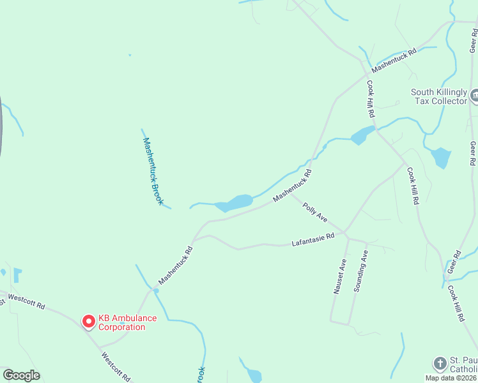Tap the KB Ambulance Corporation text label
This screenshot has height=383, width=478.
point(121,323)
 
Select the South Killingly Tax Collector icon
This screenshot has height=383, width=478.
point(475,96)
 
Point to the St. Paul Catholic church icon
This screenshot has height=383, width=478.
point(440,364)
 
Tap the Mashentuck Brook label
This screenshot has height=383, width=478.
point(153,171)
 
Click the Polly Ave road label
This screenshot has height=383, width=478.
point(315,213)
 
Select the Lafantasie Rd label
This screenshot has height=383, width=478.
point(313,240)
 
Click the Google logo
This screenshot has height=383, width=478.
point(21,375)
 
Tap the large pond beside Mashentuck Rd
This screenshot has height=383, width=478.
point(235,202)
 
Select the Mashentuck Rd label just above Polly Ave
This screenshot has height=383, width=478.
point(292,186)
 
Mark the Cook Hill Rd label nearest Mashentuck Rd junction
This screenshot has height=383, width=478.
point(370,98)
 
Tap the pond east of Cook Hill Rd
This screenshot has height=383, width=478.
point(440,157)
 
